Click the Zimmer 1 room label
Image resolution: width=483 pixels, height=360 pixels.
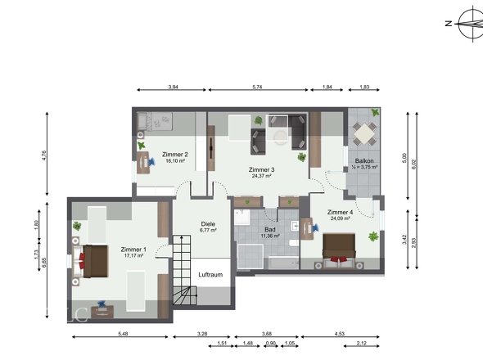[133, 250]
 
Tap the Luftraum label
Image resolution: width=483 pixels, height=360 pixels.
[210, 275]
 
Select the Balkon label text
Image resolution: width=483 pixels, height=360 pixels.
[364, 160]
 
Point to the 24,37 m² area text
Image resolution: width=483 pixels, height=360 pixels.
[261, 176]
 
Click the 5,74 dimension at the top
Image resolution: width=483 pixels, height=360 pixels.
[257, 88]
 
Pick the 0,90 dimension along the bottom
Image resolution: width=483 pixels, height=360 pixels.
[271, 344]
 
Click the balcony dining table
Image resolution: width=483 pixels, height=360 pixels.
[364, 134]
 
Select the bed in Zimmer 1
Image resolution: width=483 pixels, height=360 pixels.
[92, 261]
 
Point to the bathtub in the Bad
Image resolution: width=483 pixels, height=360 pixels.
[283, 263]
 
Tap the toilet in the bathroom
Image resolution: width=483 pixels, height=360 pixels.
[293, 243]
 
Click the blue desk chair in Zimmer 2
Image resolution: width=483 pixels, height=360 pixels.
[152, 161]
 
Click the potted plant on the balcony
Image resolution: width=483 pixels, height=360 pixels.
[375, 112]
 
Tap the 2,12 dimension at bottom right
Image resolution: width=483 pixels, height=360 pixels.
[362, 344]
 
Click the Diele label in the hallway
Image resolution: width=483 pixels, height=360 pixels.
[208, 224]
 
